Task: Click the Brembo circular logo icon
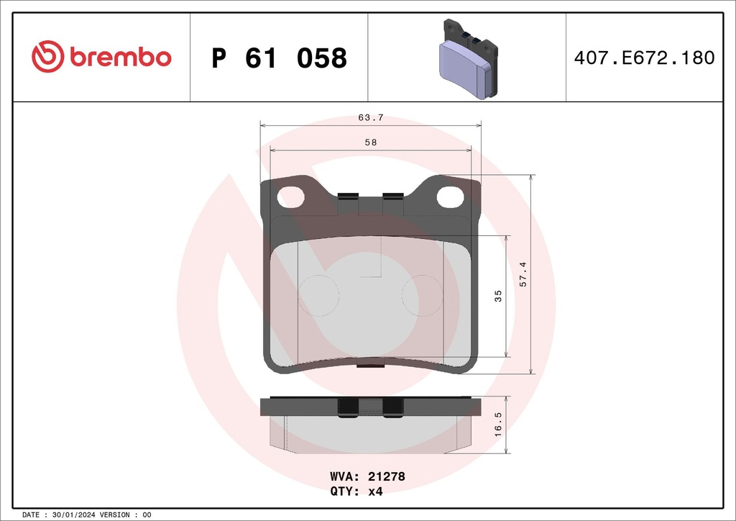click(48, 57)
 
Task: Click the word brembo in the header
click(121, 58)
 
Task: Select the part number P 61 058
click(280, 58)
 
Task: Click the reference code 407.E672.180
click(644, 58)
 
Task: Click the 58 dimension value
click(370, 142)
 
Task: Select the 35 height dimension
click(498, 296)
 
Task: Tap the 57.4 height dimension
click(523, 274)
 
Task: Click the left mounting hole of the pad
click(291, 195)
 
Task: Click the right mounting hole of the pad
click(450, 195)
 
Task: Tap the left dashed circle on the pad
click(318, 295)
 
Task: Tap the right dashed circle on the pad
click(423, 295)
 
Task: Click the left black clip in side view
click(348, 407)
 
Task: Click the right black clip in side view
click(393, 407)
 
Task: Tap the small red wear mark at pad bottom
click(370, 366)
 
